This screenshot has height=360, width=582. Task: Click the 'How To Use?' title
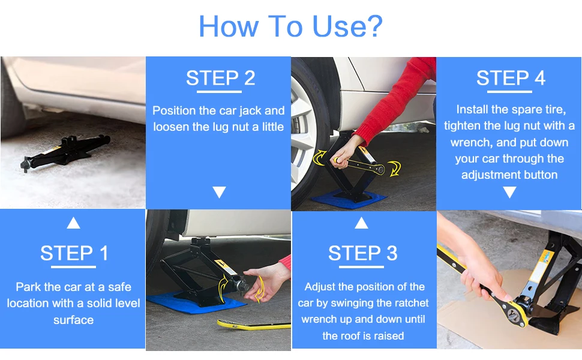click(x=290, y=26)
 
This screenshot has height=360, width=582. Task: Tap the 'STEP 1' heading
click(x=74, y=253)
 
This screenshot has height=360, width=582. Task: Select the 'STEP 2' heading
click(x=220, y=78)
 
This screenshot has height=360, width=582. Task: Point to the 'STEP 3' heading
click(x=362, y=253)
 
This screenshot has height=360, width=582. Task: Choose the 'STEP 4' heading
click(x=511, y=78)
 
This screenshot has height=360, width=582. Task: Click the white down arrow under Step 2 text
click(x=220, y=192)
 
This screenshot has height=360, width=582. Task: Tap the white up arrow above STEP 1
click(x=73, y=223)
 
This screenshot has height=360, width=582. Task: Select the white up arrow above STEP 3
click(x=362, y=223)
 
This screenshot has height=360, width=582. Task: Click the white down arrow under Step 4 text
click(x=509, y=192)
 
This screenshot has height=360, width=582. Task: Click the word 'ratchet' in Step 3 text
click(x=410, y=303)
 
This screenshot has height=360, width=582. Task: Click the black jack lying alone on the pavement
click(x=65, y=152)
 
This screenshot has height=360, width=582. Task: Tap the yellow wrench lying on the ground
click(x=254, y=325)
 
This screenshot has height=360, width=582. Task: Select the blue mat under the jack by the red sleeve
click(x=350, y=199)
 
